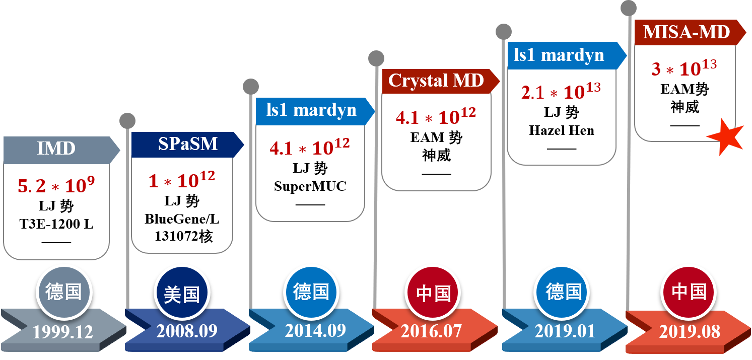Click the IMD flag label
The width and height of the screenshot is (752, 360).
pyautogui.click(x=56, y=149)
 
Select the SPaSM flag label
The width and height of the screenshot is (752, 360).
pyautogui.click(x=187, y=145)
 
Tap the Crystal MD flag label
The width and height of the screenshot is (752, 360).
pyautogui.click(x=436, y=81)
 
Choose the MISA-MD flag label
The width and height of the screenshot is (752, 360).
pyautogui.click(x=687, y=32)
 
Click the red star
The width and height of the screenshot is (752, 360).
pyautogui.click(x=725, y=136)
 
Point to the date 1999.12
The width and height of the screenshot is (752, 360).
pyautogui.click(x=63, y=332)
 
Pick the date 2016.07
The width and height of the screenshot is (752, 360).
pyautogui.click(x=431, y=331)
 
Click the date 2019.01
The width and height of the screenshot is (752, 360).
pyautogui.click(x=565, y=331)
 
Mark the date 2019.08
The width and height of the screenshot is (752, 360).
pyautogui.click(x=690, y=332)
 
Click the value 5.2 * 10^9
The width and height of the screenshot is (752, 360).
pyautogui.click(x=56, y=185)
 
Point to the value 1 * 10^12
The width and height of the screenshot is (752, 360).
pyautogui.click(x=182, y=180)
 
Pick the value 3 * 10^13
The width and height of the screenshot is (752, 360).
pyautogui.click(x=683, y=68)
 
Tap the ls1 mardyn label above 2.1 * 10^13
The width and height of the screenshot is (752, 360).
pyautogui.click(x=559, y=54)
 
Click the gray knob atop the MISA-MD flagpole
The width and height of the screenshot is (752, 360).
pyautogui.click(x=628, y=8)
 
